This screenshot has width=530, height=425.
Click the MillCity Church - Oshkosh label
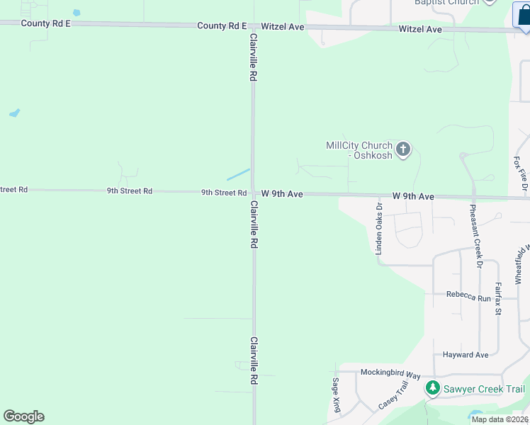pyautogui.click(x=359, y=150)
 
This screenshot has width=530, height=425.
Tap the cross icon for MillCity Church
pyautogui.click(x=403, y=149)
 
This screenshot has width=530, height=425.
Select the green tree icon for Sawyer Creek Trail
pyautogui.click(x=432, y=389)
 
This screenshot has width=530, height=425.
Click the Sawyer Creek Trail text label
pyautogui.click(x=484, y=389)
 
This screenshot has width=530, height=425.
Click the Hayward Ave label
pyautogui.click(x=466, y=355)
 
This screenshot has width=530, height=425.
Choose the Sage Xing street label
pyautogui.click(x=336, y=395)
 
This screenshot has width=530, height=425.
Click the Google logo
pyautogui.click(x=23, y=416)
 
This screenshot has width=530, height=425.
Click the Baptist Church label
pyautogui.click(x=446, y=2)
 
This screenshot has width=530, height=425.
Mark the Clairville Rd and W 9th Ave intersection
pyautogui.click(x=253, y=192)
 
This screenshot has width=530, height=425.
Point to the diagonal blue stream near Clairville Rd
pyautogui.click(x=238, y=174)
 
